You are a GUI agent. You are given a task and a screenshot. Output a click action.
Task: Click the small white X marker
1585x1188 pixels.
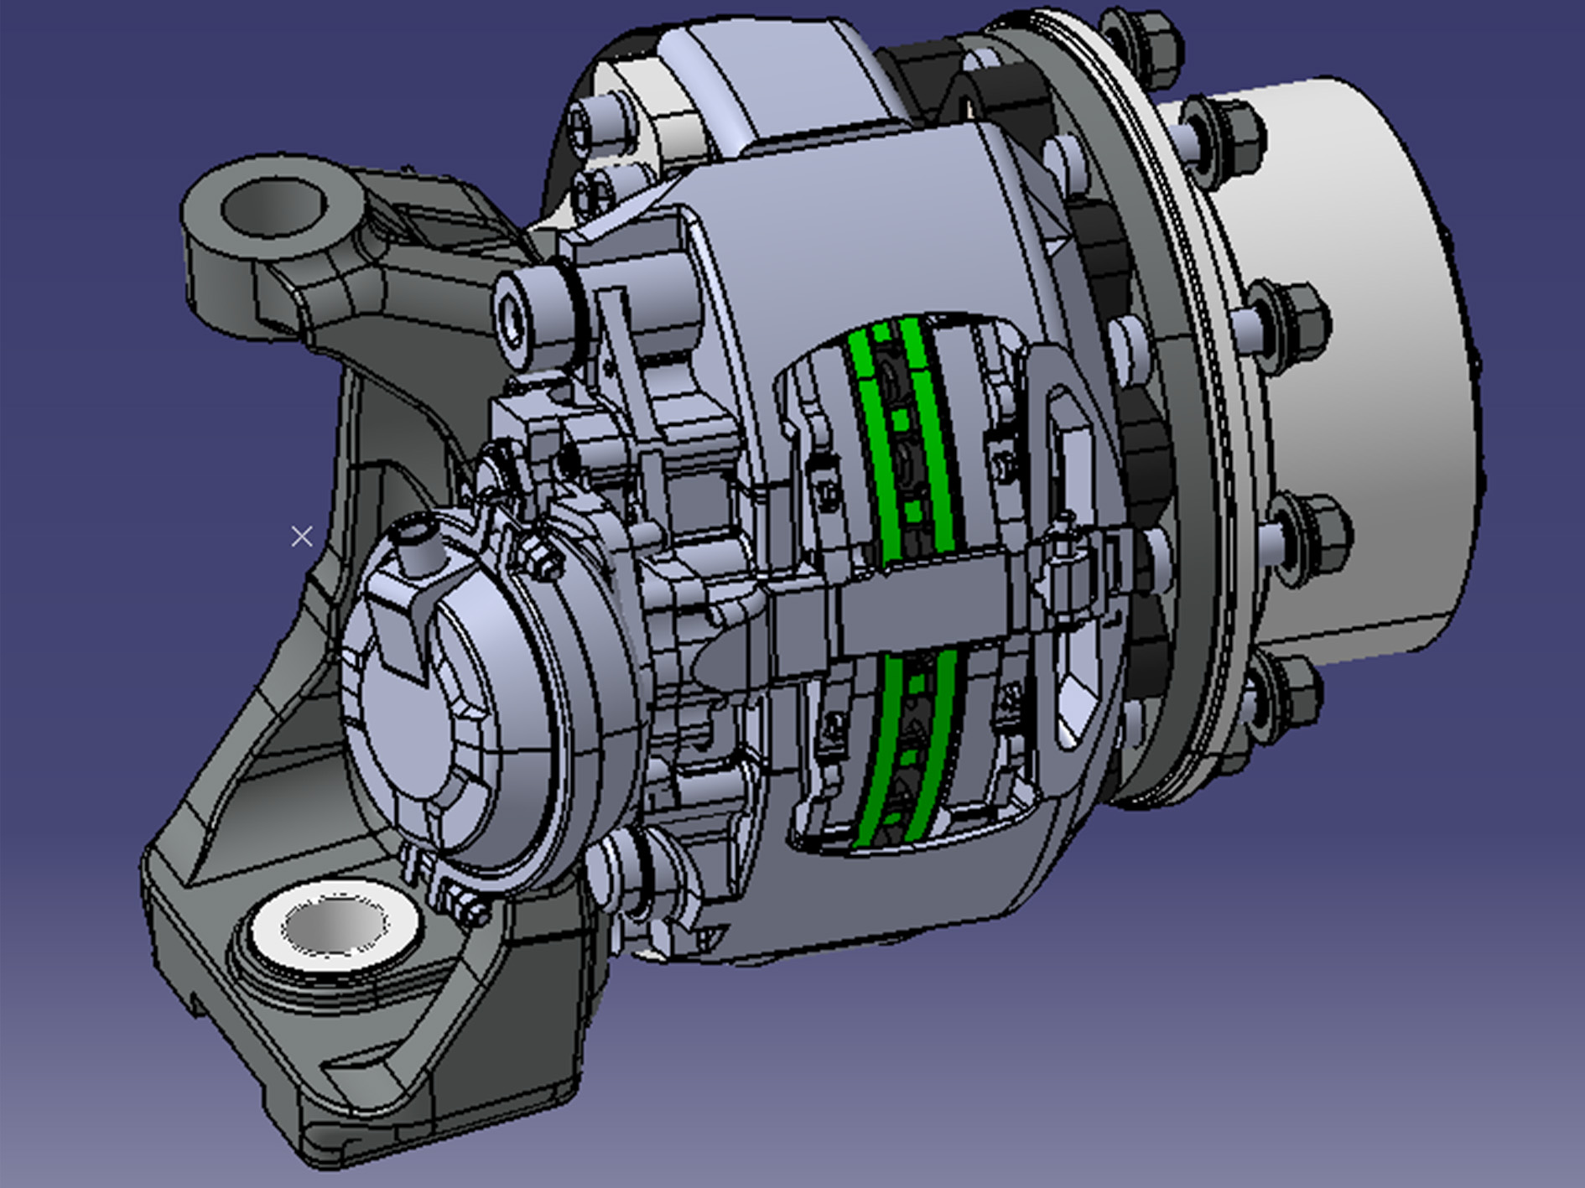(302, 536)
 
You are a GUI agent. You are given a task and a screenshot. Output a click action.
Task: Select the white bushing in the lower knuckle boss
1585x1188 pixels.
(335, 926)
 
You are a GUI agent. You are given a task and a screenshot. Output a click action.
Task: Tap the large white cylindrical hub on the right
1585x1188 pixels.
(1359, 352)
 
